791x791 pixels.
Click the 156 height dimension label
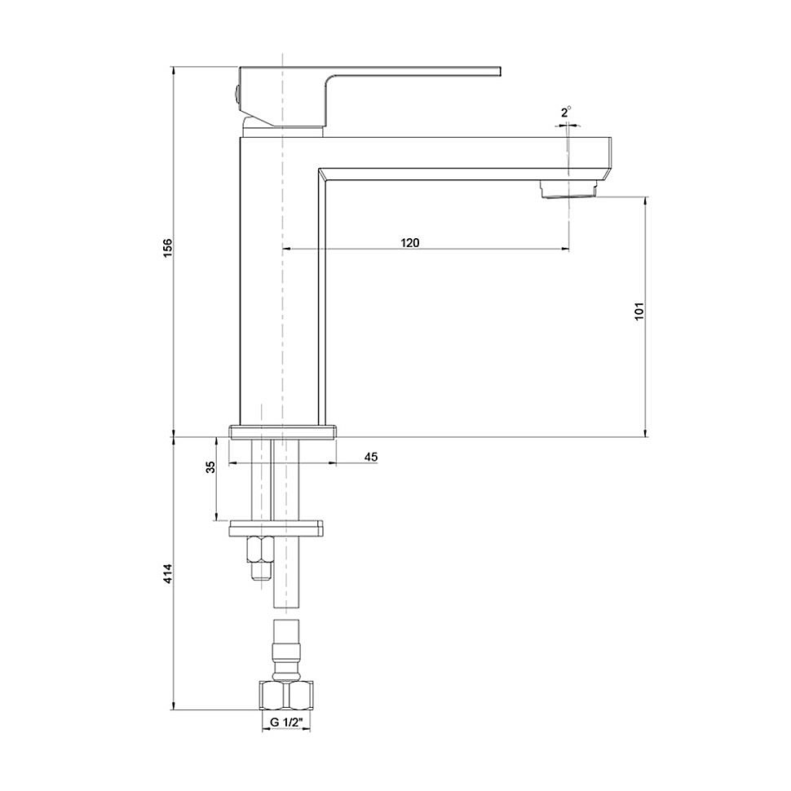click(x=168, y=248)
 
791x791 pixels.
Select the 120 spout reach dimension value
click(x=409, y=243)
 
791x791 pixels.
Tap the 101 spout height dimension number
click(x=639, y=312)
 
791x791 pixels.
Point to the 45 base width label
click(x=371, y=457)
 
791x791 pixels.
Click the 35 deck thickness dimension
click(x=211, y=467)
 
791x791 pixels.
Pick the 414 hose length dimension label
click(x=168, y=574)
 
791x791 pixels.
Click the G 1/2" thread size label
click(x=286, y=723)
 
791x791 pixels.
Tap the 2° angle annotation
click(x=566, y=113)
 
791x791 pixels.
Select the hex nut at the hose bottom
click(x=286, y=695)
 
